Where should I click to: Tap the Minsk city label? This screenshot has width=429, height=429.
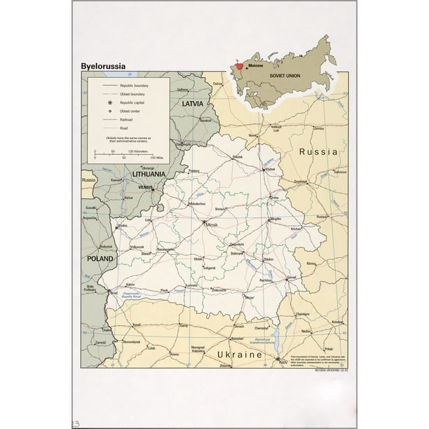pos(212,226)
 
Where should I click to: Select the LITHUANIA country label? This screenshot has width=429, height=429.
pos(143,173)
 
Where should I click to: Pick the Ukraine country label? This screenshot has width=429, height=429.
pos(239,355)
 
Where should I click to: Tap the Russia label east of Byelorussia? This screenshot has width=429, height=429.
pos(319,151)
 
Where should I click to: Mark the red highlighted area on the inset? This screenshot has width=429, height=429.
pos(240,66)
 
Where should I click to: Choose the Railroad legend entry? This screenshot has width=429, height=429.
pos(123,120)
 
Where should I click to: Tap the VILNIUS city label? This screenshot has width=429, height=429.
pos(145,187)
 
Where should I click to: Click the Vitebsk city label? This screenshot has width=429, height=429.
pos(270,170)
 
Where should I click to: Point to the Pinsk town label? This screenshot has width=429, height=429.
pos(164,290)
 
